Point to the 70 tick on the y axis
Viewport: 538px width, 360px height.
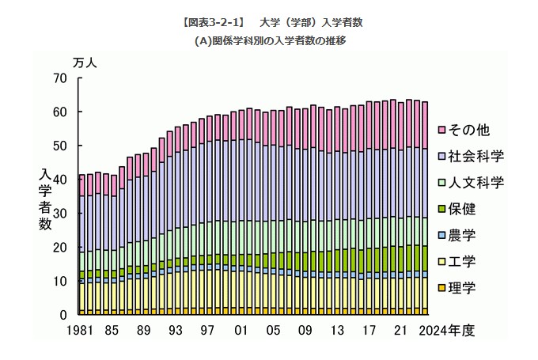[x=62, y=78]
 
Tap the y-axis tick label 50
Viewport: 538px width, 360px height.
[x=62, y=146]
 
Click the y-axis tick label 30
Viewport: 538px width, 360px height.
[x=62, y=214]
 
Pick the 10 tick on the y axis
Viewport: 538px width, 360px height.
[x=62, y=282]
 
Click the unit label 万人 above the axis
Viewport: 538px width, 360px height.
[x=85, y=62]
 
